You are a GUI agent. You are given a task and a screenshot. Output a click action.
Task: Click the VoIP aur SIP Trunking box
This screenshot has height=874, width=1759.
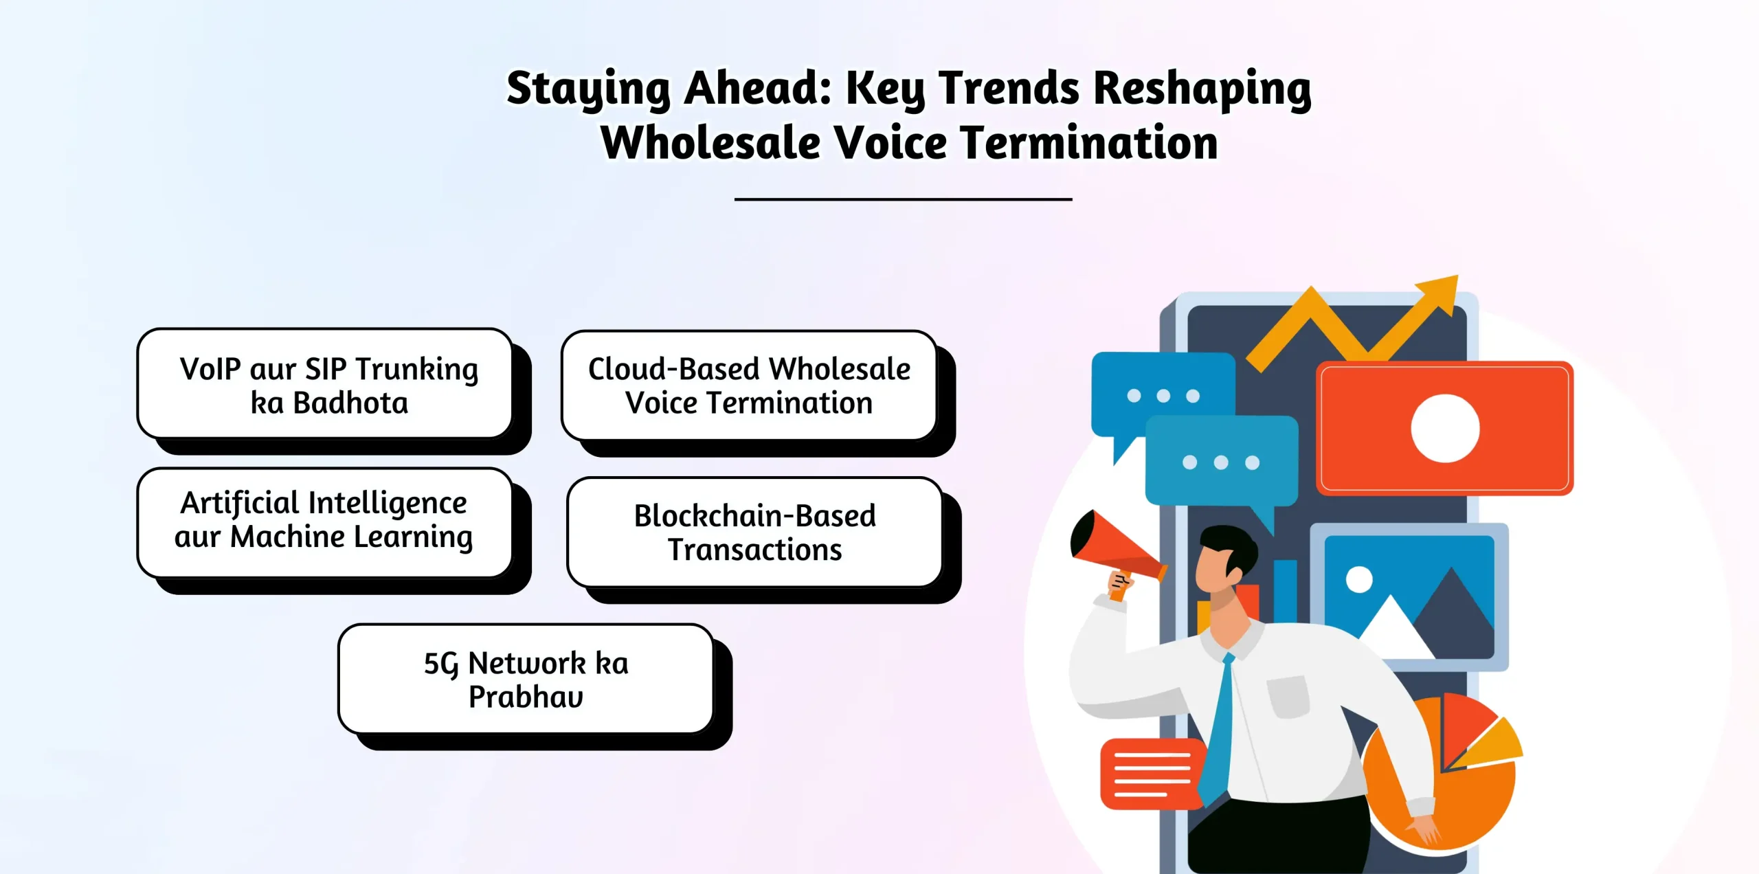325,384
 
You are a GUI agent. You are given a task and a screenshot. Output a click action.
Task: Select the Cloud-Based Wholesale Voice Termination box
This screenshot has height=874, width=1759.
749,385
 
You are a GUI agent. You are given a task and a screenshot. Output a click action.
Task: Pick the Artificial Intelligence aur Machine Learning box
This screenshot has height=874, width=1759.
324,522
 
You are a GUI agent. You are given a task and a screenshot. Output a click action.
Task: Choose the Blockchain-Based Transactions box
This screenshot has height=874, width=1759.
754,533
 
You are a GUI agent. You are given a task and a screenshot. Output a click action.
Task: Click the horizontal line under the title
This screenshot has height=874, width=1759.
903,199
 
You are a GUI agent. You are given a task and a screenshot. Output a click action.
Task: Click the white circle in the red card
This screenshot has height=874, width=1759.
1445,428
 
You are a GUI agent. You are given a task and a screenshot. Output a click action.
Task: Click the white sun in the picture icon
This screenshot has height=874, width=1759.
1358,579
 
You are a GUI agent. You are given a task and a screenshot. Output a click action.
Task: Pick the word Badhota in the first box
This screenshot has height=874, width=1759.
350,403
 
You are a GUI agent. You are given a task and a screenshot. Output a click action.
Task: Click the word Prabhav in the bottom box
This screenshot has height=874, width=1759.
526,697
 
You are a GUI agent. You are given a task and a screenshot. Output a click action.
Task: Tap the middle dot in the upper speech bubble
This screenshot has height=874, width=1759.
1163,396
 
